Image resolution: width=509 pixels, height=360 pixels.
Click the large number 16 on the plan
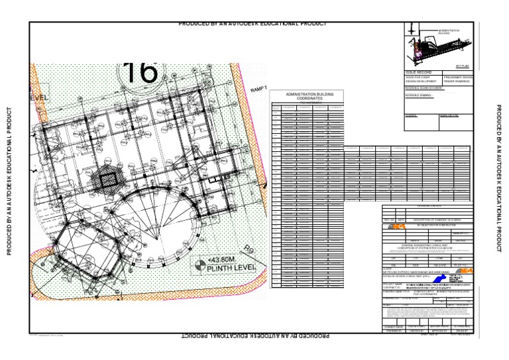(x=140, y=72)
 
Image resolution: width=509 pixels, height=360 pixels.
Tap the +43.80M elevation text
(x=223, y=259)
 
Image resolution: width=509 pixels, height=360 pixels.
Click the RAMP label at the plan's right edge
(x=258, y=89)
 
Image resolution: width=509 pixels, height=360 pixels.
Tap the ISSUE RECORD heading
(x=419, y=72)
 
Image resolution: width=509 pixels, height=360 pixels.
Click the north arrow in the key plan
(x=412, y=30)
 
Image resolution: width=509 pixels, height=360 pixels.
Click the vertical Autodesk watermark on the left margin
(x=9, y=180)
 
